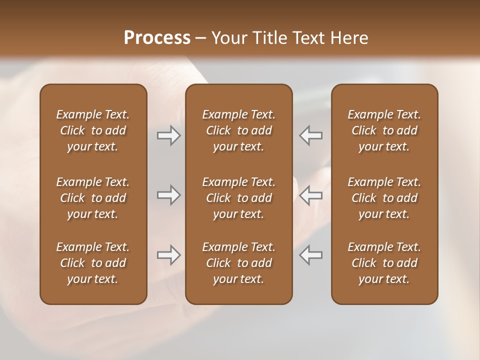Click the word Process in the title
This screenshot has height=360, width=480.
pyautogui.click(x=157, y=38)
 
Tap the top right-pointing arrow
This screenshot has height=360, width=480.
pyautogui.click(x=169, y=135)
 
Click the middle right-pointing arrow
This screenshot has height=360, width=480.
pyautogui.click(x=169, y=195)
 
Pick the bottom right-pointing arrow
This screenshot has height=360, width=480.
pyautogui.click(x=169, y=255)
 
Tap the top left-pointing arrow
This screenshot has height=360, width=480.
pyautogui.click(x=310, y=135)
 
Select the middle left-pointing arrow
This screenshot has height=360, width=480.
pyautogui.click(x=310, y=195)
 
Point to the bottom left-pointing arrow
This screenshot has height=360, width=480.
pyautogui.click(x=310, y=255)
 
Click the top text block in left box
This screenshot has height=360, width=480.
pyautogui.click(x=93, y=130)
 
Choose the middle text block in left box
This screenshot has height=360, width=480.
pyautogui.click(x=93, y=198)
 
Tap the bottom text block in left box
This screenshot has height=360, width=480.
pyautogui.click(x=93, y=263)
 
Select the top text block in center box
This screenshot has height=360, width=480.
pyautogui.click(x=239, y=130)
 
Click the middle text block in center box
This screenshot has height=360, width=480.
pyautogui.click(x=239, y=198)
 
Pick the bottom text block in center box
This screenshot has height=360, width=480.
pyautogui.click(x=239, y=263)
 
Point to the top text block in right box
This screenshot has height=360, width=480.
pyautogui.click(x=384, y=130)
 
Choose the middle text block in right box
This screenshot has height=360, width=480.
pyautogui.click(x=384, y=198)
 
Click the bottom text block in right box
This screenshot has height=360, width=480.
pyautogui.click(x=384, y=263)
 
